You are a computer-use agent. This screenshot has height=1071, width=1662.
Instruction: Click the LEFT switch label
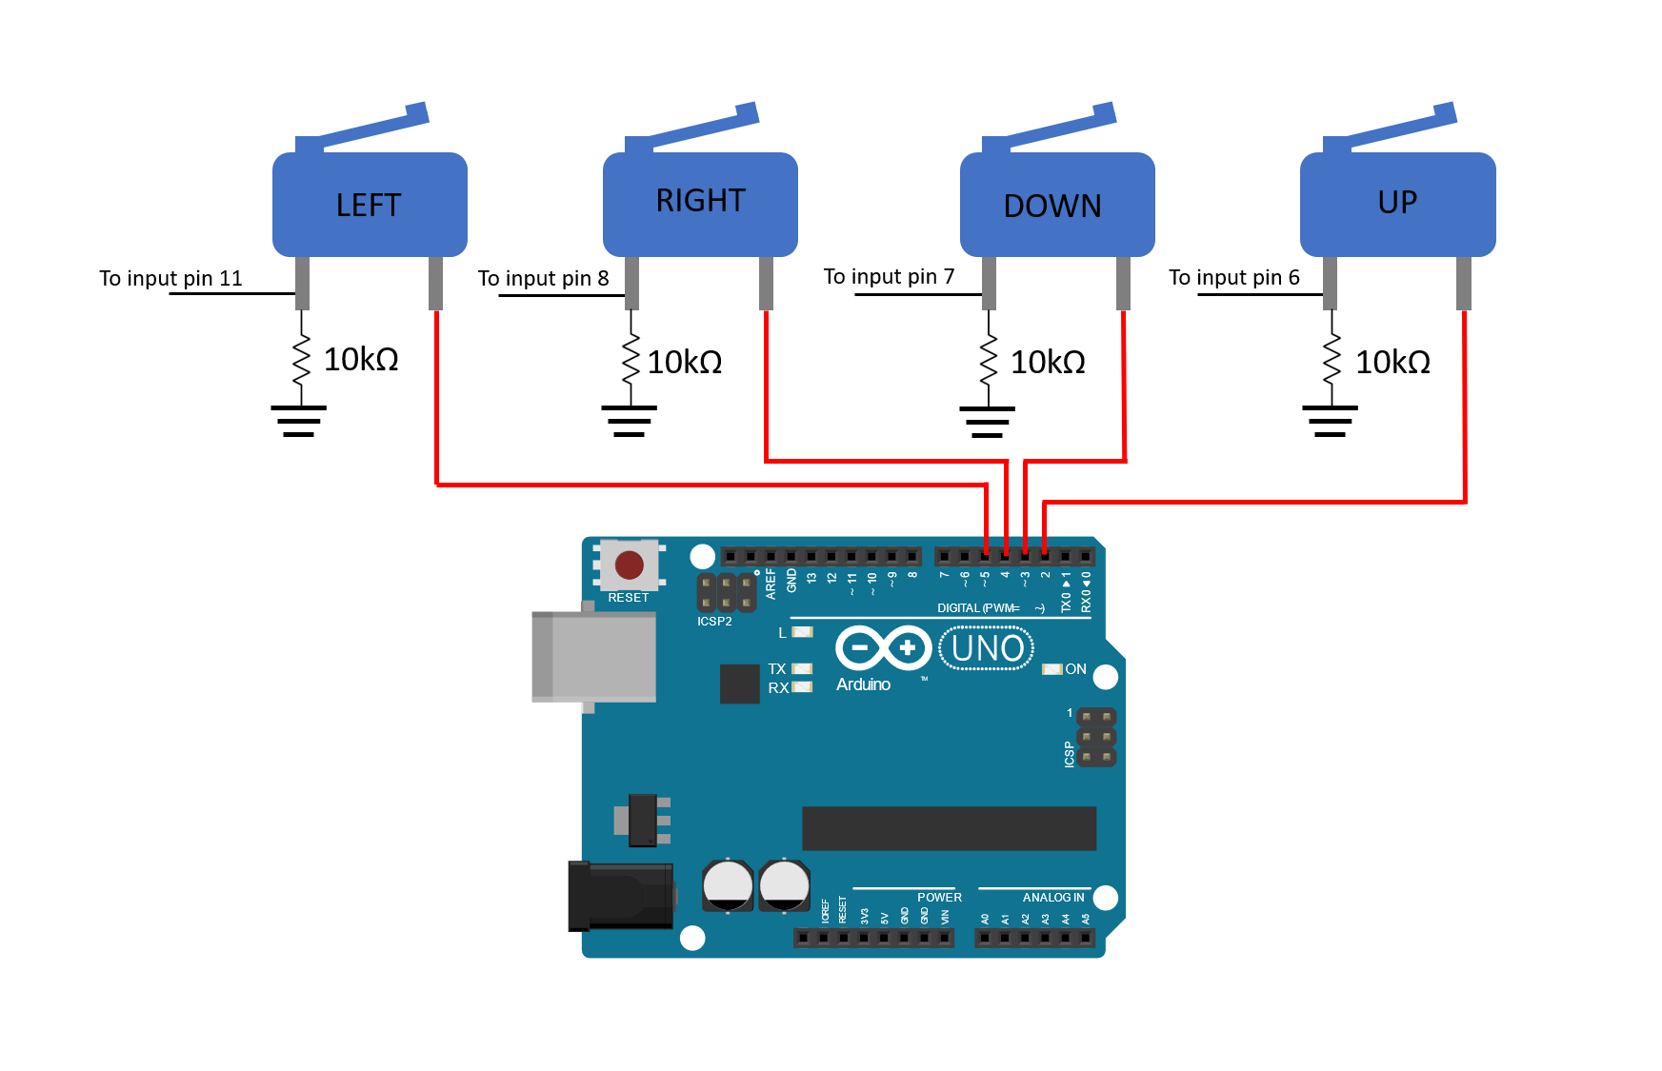pos(369,206)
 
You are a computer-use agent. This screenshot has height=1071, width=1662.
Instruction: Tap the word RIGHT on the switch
pos(700,201)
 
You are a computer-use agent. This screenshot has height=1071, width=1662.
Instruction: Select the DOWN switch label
pos(1052,207)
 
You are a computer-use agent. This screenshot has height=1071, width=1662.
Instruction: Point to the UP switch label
pos(1397,202)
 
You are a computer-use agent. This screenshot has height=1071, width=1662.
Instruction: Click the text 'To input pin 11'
pos(171,278)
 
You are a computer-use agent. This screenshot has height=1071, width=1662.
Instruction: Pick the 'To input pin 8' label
pos(543,278)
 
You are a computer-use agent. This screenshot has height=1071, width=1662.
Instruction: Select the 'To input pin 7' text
pos(889,276)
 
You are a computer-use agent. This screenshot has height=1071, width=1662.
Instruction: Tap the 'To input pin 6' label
pos(1234,277)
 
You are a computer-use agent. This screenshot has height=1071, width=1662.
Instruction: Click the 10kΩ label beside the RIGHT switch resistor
pos(685,363)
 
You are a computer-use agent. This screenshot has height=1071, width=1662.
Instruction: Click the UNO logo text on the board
pos(987,648)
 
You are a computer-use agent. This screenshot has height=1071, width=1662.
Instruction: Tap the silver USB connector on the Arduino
pos(594,657)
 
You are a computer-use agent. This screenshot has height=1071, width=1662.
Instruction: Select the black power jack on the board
pos(620,896)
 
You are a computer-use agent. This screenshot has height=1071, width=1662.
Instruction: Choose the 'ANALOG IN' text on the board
pos(1053,898)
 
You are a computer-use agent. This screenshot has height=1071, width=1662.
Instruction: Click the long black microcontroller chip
pos(949,828)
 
